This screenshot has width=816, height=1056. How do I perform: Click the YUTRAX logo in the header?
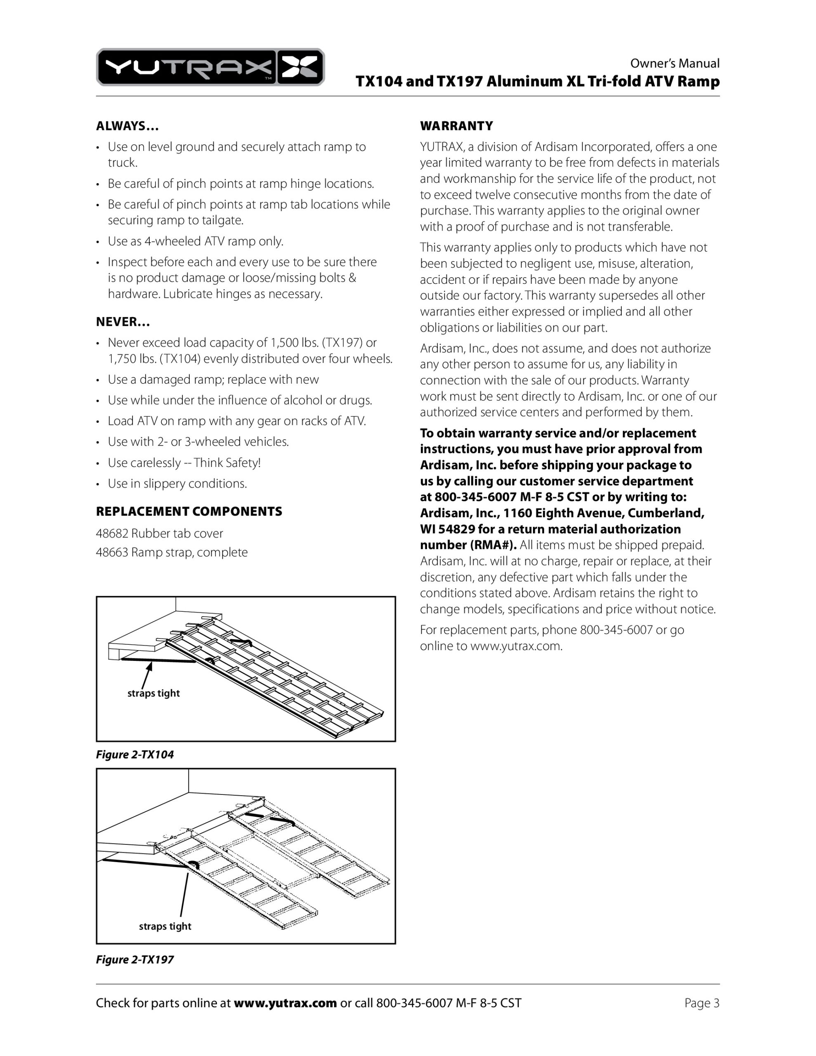[x=210, y=67]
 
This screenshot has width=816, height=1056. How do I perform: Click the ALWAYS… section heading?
[x=127, y=126]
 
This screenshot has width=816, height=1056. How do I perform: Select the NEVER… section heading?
[x=123, y=322]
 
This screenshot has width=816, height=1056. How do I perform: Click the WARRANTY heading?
[x=456, y=126]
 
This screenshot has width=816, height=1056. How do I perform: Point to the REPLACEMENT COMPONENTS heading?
[x=189, y=511]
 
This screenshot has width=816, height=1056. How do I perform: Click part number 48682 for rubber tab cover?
[x=112, y=533]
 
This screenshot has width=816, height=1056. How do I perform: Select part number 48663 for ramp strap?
[x=112, y=552]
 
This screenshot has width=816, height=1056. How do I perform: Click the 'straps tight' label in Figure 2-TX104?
[x=153, y=693]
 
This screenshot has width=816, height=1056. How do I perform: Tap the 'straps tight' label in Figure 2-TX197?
[x=165, y=926]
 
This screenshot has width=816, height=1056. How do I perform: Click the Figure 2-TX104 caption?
[x=134, y=755]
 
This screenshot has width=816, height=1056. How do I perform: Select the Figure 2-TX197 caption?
[x=134, y=960]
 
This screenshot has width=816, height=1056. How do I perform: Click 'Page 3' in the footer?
[x=701, y=1003]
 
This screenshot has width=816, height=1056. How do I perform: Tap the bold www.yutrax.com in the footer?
[x=285, y=1003]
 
